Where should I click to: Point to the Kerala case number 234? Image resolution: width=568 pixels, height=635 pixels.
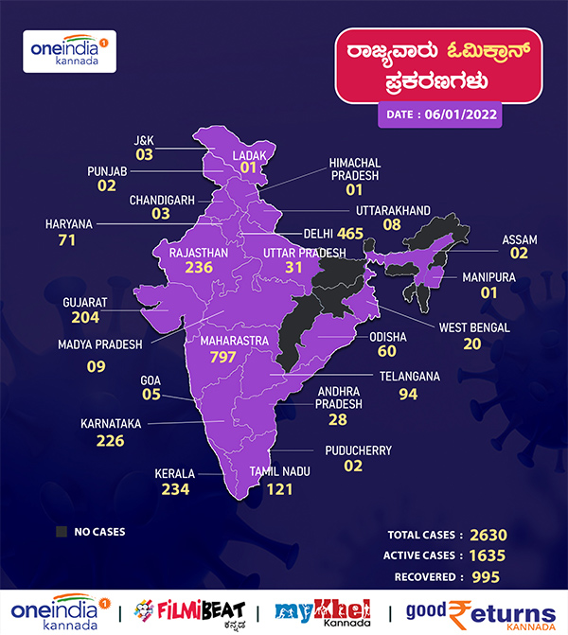tap(175, 489)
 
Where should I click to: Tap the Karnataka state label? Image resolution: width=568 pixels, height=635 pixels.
tap(112, 423)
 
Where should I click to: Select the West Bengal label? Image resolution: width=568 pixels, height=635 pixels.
tap(474, 327)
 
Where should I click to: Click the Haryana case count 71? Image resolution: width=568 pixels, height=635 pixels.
tap(66, 241)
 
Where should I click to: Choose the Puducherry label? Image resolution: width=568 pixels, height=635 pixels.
tap(358, 450)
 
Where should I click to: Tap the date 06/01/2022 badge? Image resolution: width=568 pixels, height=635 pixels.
tap(439, 115)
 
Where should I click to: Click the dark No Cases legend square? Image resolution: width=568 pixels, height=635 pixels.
tap(62, 532)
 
